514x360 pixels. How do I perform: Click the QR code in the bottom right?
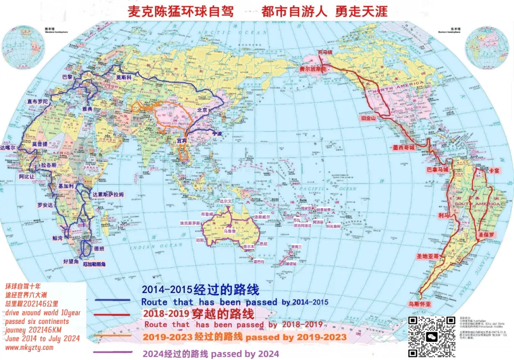pos(432,337)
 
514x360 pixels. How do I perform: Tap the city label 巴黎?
pos(69,76)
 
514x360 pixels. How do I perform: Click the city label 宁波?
pos(217,134)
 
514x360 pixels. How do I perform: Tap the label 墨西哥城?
pos(404,148)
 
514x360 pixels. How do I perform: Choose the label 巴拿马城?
pos(437,169)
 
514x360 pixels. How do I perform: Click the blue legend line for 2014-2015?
pos(113,301)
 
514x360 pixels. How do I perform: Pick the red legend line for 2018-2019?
pos(113,315)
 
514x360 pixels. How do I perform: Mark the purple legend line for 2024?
pos(113,352)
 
